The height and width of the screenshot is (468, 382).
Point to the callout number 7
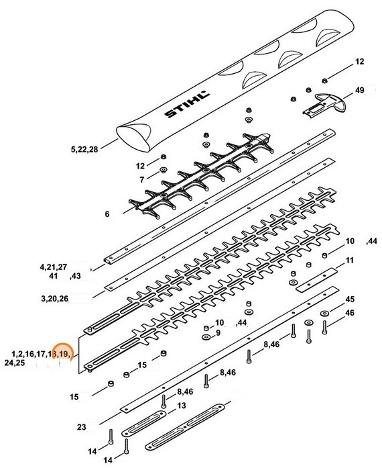click(x=141, y=180)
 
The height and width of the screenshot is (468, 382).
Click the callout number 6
click(x=106, y=214)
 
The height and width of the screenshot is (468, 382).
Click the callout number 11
click(x=349, y=260)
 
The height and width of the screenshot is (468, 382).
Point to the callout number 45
click(x=349, y=299)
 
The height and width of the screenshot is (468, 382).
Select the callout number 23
click(x=82, y=426)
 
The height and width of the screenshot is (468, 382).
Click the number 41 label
click(x=53, y=277)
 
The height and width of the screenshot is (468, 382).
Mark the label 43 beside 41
click(x=76, y=277)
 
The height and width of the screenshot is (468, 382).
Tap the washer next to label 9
click(x=207, y=334)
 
